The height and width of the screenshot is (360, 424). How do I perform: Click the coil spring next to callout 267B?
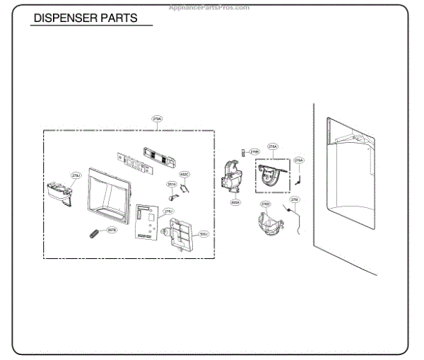(x=93, y=233)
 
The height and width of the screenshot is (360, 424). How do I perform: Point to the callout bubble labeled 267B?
(x=112, y=229)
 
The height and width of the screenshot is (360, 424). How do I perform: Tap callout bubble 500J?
(x=204, y=233)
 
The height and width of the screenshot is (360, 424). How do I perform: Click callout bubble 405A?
(x=235, y=202)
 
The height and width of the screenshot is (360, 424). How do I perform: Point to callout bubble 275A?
(x=272, y=146)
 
